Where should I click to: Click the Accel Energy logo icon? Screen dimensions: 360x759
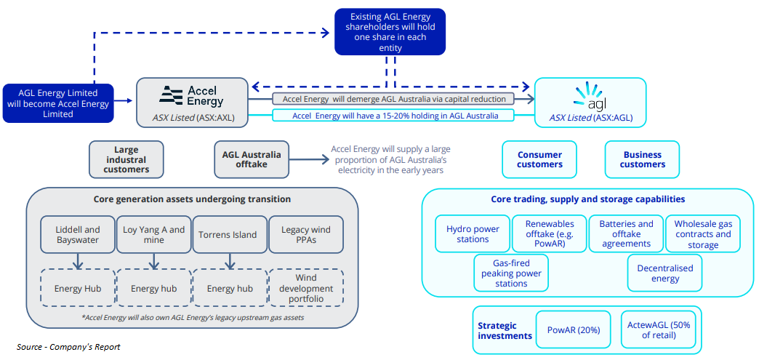pyautogui.click(x=172, y=95)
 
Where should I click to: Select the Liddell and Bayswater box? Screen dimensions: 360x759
pyautogui.click(x=78, y=234)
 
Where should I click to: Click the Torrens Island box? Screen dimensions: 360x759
pyautogui.click(x=228, y=234)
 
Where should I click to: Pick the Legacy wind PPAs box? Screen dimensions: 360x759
pyautogui.click(x=305, y=234)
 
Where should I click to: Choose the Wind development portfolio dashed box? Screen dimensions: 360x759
pyautogui.click(x=305, y=289)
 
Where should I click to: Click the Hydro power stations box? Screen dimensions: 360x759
pyautogui.click(x=473, y=233)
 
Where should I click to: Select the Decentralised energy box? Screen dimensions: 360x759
pyautogui.click(x=664, y=273)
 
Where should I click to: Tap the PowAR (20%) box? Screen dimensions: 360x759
pyautogui.click(x=574, y=329)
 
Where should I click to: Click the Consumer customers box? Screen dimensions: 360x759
pyautogui.click(x=539, y=159)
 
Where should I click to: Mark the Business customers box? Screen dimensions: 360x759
pyautogui.click(x=642, y=159)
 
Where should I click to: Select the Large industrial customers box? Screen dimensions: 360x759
pyautogui.click(x=126, y=159)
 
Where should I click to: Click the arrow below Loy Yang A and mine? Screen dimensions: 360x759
pyautogui.click(x=154, y=261)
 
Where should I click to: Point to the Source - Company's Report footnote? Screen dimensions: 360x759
pyautogui.click(x=68, y=347)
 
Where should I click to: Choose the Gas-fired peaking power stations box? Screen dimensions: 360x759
pyautogui.click(x=511, y=273)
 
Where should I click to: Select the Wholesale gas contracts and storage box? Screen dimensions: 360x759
pyautogui.click(x=703, y=234)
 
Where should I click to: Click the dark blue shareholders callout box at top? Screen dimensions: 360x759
pyautogui.click(x=390, y=31)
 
